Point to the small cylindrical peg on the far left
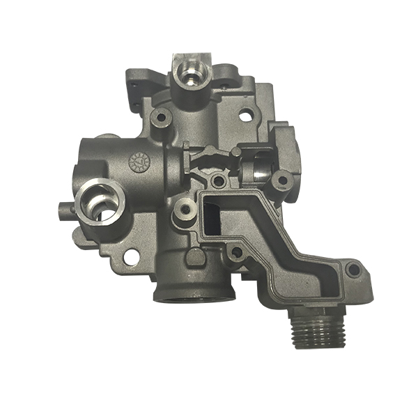[61, 208]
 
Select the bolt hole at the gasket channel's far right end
[354, 269]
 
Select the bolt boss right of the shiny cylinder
[281, 180]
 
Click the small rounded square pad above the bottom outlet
[197, 257]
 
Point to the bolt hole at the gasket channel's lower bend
[238, 250]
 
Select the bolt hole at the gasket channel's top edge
[219, 181]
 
